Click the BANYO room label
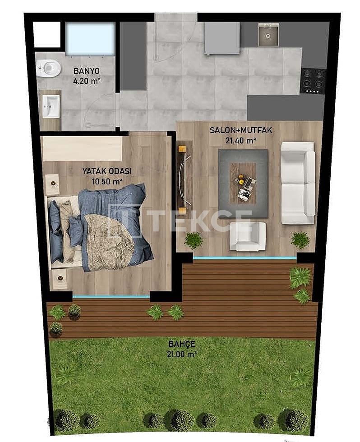(87, 71)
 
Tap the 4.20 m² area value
(87, 82)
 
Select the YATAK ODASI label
(106, 171)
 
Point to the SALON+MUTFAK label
(241, 130)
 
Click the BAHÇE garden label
(181, 344)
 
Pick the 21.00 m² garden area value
(181, 355)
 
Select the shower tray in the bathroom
(90, 38)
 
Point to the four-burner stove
(313, 80)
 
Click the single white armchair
(247, 236)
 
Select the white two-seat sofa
(298, 183)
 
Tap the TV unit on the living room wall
(184, 178)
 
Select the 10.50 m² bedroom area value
(106, 182)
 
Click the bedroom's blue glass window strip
(111, 296)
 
